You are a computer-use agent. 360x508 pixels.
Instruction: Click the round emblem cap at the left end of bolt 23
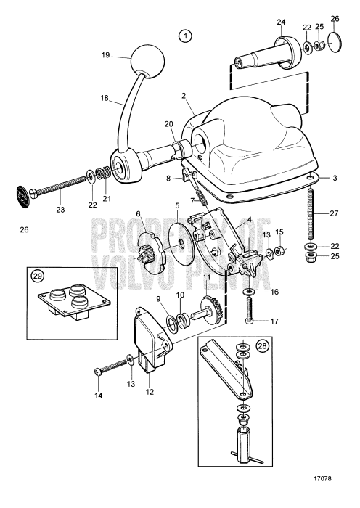click(25, 195)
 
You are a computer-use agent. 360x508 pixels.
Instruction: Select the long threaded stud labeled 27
click(312, 213)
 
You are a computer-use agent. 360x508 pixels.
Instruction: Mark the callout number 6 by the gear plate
click(137, 213)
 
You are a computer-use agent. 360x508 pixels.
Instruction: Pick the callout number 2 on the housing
click(184, 95)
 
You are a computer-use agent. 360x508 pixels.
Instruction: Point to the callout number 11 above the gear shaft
click(207, 276)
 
